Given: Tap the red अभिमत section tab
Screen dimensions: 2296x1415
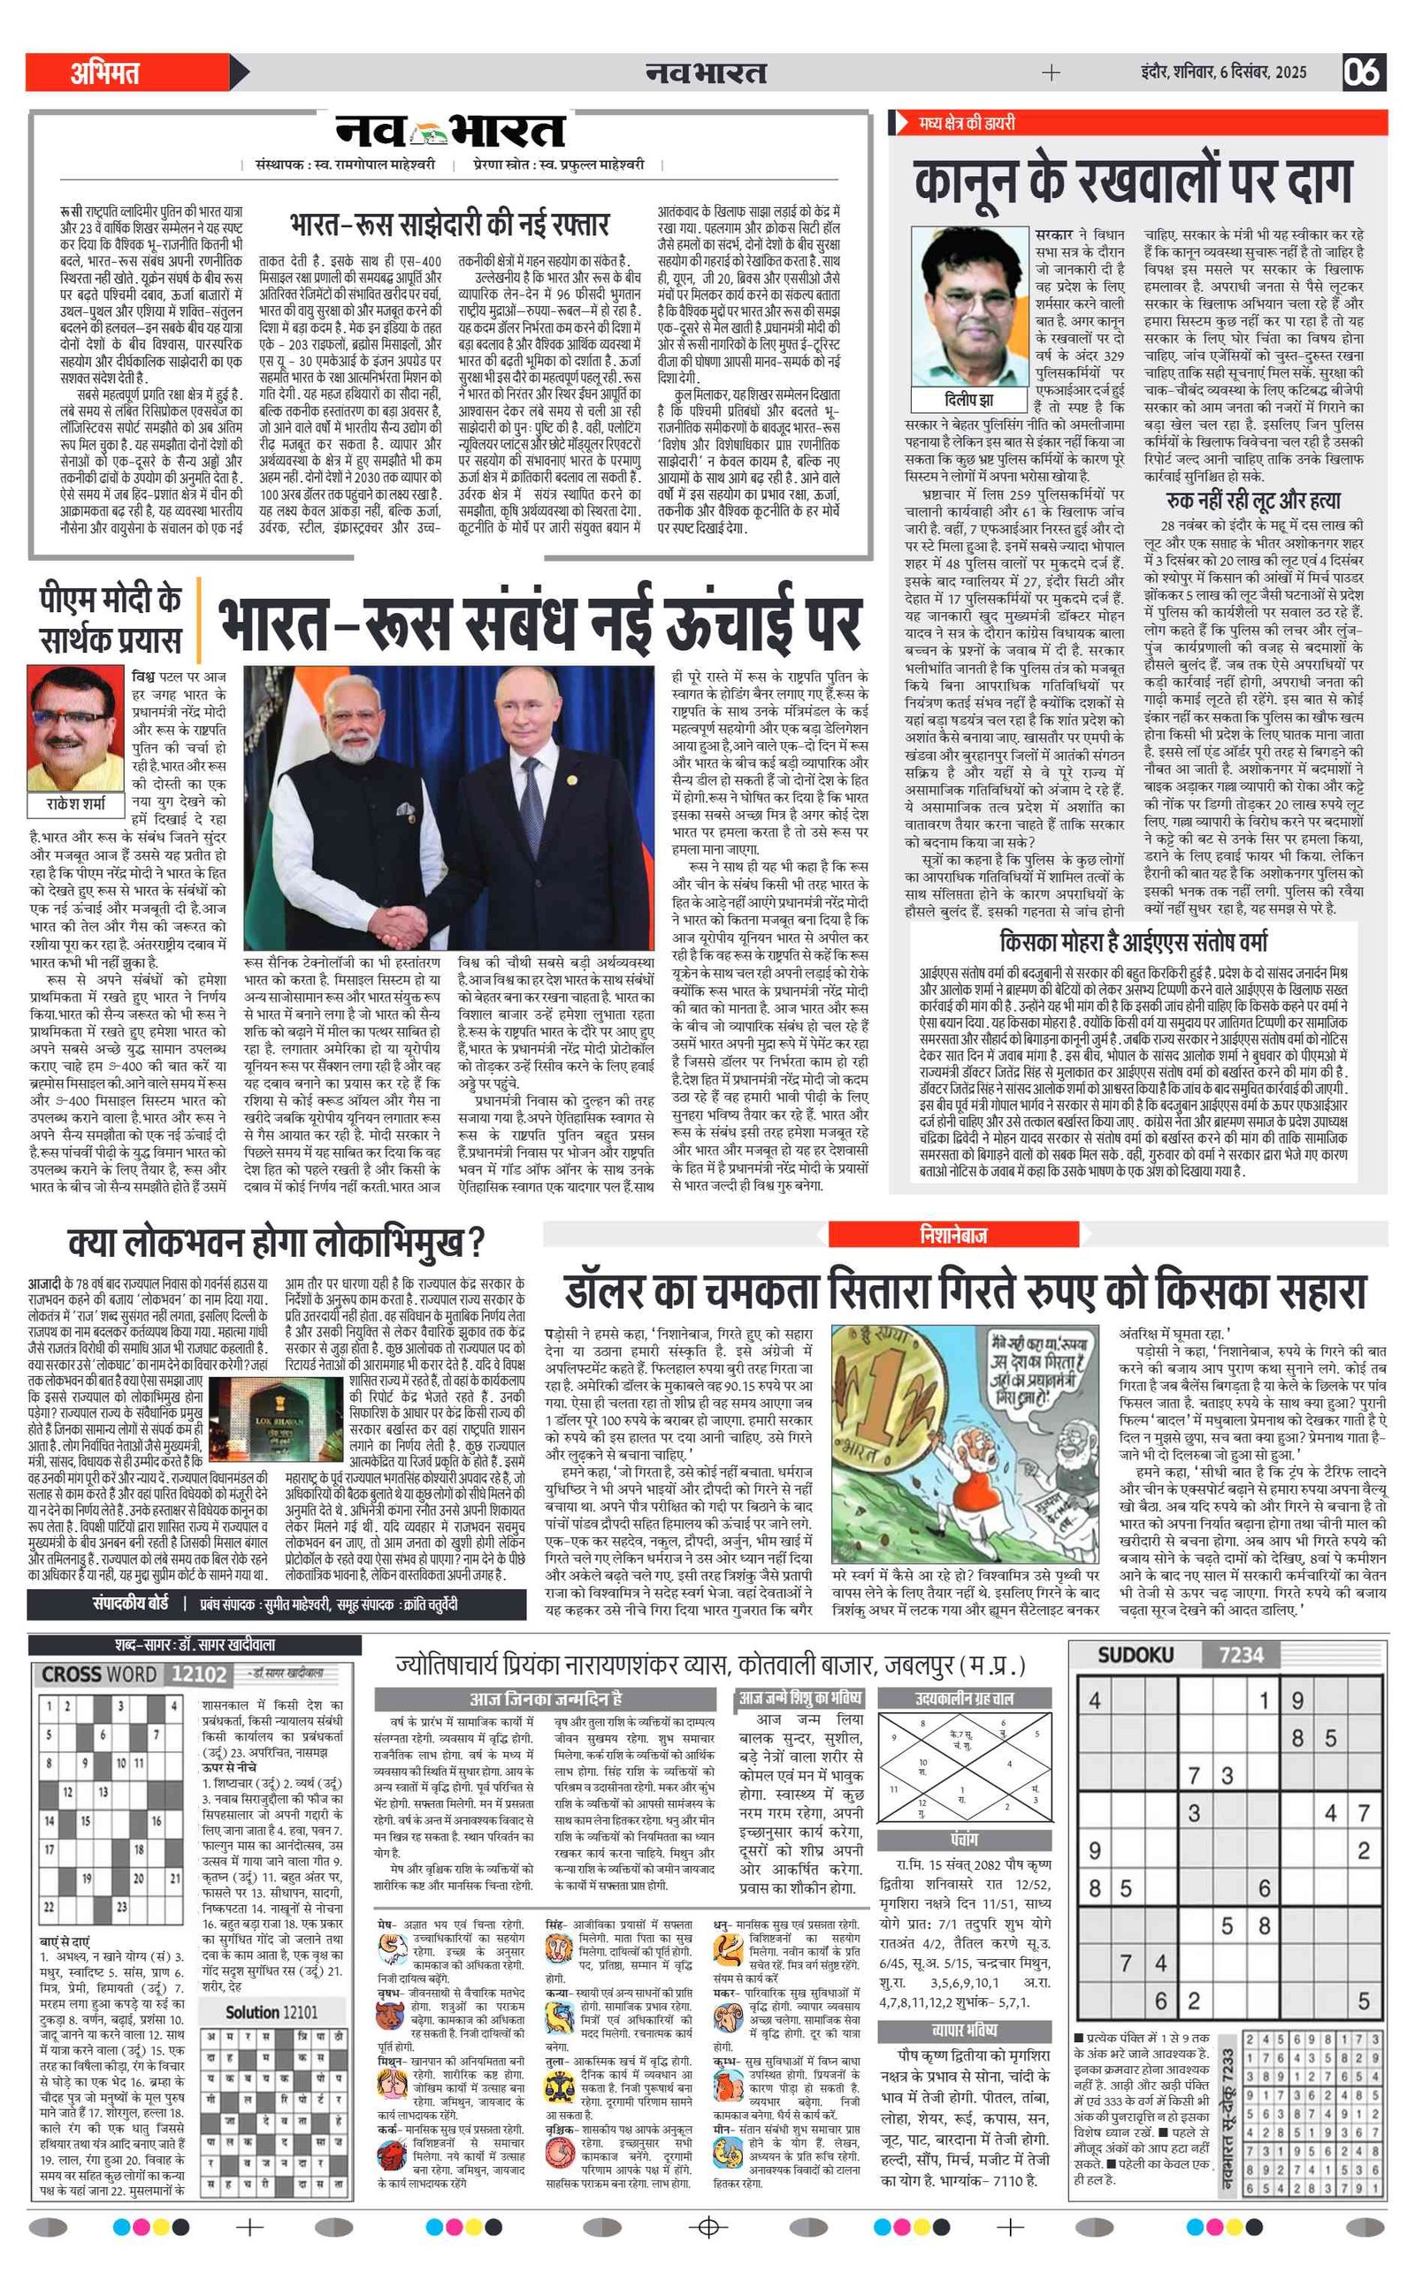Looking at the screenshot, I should [105, 72].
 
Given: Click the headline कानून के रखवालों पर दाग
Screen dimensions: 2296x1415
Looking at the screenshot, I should [1133, 181].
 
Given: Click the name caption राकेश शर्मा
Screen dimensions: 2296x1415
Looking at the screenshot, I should [76, 804].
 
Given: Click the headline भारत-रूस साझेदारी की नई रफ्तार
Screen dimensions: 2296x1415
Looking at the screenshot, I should [450, 226].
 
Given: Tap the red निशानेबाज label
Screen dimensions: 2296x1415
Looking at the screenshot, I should [952, 1235].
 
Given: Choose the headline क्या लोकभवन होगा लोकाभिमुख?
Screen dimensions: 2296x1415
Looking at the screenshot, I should [276, 1244].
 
